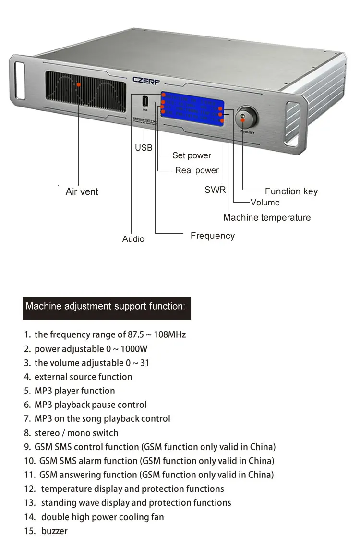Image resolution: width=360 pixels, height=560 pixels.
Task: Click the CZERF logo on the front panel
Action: click(146, 80)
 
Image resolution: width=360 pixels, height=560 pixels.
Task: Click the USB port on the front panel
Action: click(144, 101)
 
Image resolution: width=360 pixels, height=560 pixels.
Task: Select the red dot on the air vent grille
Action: click(79, 84)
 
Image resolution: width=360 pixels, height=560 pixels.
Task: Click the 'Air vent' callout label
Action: click(82, 191)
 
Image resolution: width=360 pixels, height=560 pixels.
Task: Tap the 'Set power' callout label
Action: click(192, 155)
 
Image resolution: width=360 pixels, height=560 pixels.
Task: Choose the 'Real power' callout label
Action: click(197, 170)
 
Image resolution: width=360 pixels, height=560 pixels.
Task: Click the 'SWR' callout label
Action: click(215, 190)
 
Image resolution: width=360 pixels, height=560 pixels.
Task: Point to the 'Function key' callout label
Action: click(291, 191)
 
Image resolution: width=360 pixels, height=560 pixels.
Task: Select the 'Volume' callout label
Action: click(265, 203)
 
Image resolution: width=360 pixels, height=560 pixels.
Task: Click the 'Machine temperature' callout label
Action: click(267, 217)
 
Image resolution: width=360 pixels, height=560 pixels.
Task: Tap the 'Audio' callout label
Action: click(133, 239)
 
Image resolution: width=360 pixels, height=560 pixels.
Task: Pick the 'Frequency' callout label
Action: click(212, 236)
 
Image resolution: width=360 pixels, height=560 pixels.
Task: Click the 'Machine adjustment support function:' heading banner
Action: click(107, 307)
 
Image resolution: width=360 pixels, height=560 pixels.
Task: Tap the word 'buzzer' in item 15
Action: click(54, 531)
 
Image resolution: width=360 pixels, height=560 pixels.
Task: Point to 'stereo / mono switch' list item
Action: click(76, 433)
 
